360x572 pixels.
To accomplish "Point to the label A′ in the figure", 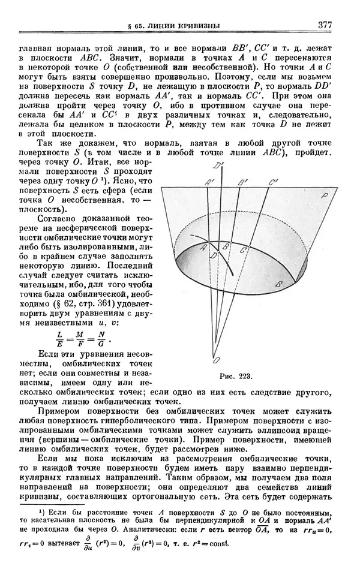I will point(209,183).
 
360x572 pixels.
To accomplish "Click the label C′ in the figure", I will point(274,182).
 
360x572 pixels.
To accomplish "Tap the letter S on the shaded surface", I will point(278,283).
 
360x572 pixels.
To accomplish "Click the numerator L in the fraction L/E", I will point(60,334).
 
